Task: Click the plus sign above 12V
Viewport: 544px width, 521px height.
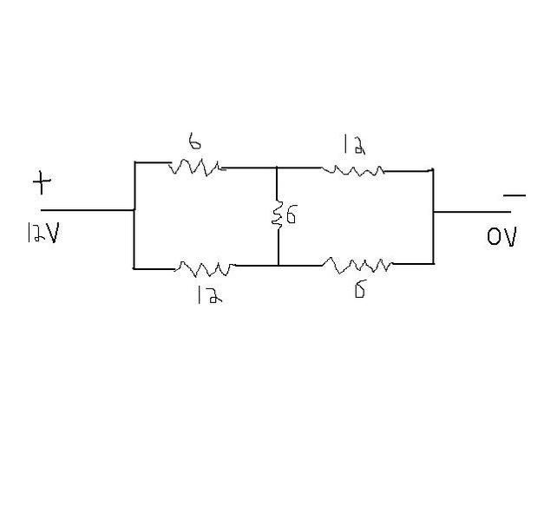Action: tap(43, 183)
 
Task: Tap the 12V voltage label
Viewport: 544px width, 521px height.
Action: tap(42, 234)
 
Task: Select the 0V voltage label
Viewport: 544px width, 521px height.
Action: tap(501, 236)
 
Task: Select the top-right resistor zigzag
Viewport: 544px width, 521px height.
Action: tap(352, 170)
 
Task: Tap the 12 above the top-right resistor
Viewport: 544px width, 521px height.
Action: tap(353, 145)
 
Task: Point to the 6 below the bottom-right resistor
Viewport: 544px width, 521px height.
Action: tap(358, 289)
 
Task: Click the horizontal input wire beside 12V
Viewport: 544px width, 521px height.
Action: tap(87, 210)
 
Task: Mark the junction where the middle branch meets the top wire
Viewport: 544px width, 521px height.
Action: tap(277, 168)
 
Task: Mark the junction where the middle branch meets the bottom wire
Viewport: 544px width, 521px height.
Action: tap(278, 265)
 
